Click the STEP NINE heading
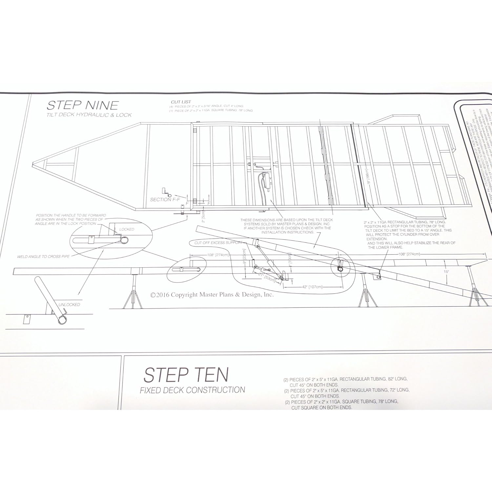pos(82,105)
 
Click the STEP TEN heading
pos(186,375)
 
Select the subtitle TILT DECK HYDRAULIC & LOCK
pos(89,115)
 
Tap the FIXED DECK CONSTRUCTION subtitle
pos(192,390)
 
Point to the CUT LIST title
pos(181,102)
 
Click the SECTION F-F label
pos(165,199)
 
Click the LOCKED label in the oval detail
pos(127,229)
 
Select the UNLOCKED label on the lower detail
pos(69,304)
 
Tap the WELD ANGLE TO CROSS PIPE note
pos(43,256)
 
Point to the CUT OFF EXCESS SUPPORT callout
pos(218,243)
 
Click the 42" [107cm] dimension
pos(312,287)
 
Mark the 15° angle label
pos(446,272)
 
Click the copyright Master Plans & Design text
pos(212,295)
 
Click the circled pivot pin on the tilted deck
pos(340,269)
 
